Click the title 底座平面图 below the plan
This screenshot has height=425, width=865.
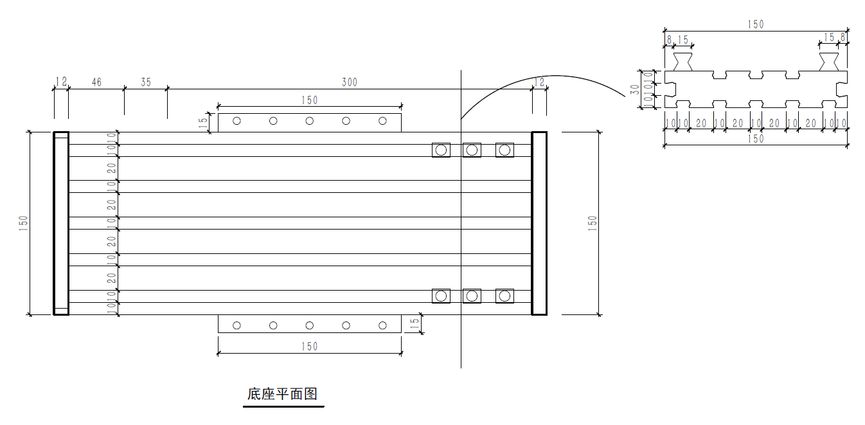(x=282, y=394)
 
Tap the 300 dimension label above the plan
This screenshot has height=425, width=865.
(x=349, y=82)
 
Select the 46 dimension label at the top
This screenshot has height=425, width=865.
(x=96, y=82)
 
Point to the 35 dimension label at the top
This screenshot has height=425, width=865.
(x=146, y=82)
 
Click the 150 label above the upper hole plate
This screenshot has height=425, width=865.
(x=309, y=100)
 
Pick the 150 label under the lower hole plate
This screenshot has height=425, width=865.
(x=309, y=347)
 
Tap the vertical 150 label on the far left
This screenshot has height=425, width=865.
(x=24, y=223)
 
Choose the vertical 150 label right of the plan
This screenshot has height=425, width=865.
(x=593, y=223)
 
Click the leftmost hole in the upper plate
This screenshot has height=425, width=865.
(x=236, y=121)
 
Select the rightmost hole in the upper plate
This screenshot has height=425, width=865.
(x=382, y=121)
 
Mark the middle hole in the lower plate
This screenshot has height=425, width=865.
(x=309, y=325)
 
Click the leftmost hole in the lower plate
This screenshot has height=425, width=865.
(x=236, y=325)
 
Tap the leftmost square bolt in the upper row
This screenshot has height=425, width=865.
(x=441, y=150)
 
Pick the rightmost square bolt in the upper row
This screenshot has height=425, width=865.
(x=504, y=150)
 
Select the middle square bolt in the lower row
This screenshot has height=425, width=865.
(x=472, y=296)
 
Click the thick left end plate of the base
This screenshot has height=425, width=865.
(x=60, y=223)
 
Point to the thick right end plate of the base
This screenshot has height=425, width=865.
(x=539, y=223)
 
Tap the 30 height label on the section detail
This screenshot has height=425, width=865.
(x=635, y=89)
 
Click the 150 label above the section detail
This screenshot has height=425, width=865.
(x=756, y=24)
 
